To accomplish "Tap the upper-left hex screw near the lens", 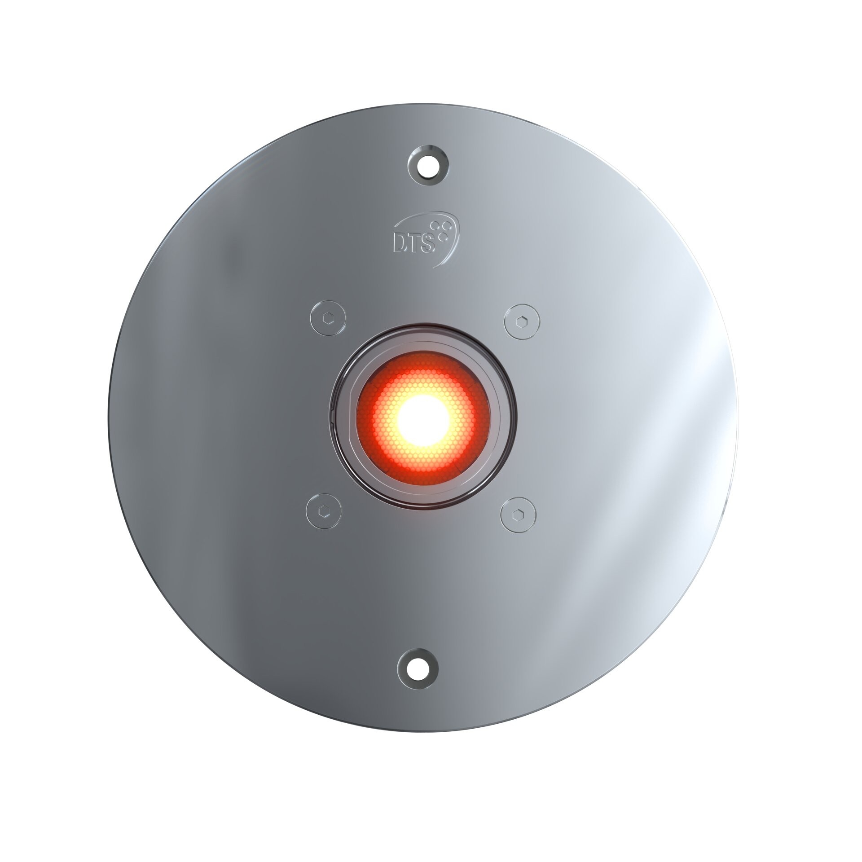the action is coord(329,317).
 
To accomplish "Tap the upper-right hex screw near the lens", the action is coord(522,321).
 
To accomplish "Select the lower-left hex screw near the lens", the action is coord(323,511).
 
